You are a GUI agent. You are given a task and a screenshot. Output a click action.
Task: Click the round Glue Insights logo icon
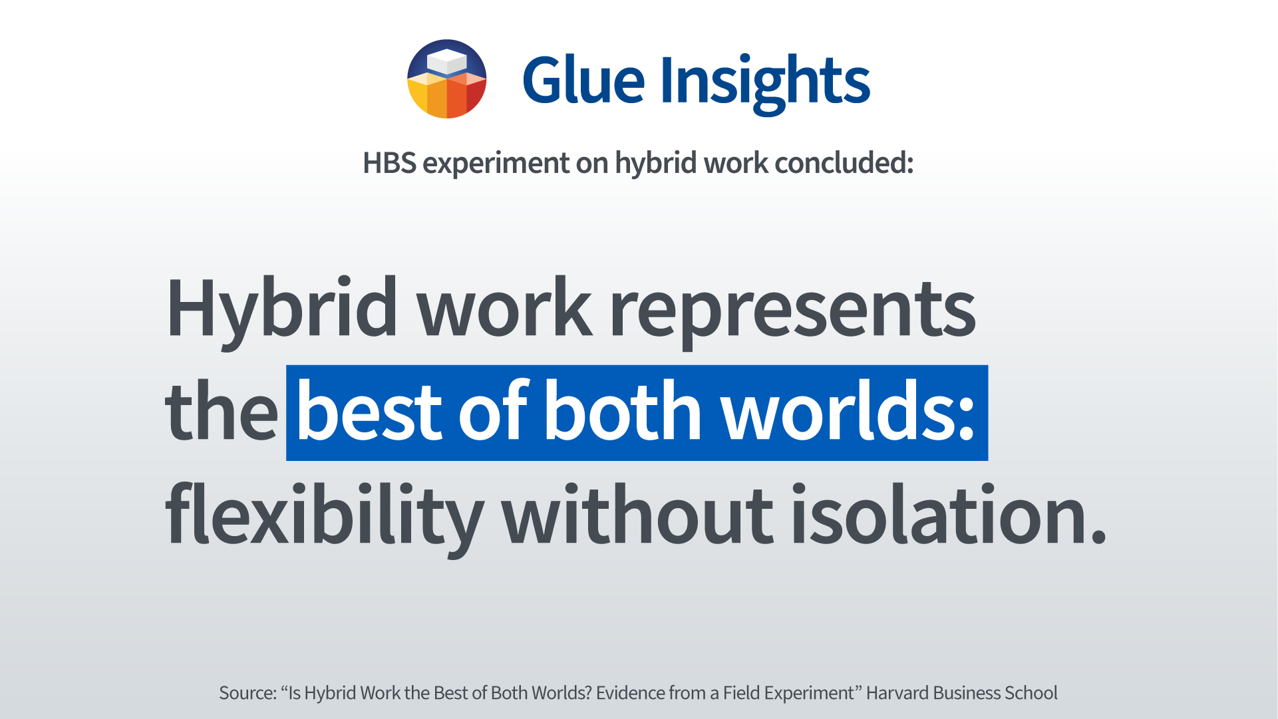pos(447,79)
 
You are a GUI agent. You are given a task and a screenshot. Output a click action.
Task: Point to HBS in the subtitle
pos(389,163)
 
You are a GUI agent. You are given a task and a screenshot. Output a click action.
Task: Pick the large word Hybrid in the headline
pos(282,310)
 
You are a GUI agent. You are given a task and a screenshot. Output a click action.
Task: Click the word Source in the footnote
pos(245,693)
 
